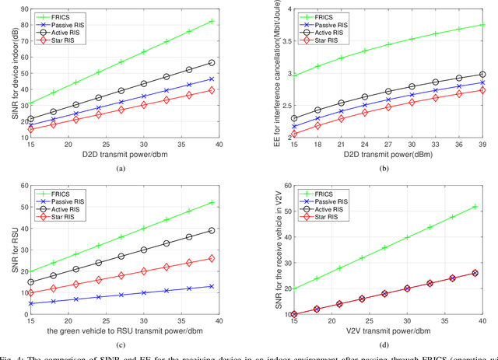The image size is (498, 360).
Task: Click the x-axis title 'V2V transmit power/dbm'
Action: point(381,330)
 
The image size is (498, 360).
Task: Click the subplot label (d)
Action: point(381,344)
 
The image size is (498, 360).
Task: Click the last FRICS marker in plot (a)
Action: point(211,21)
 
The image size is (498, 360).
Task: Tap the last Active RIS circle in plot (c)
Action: point(211,231)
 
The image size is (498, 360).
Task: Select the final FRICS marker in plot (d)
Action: point(475,207)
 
